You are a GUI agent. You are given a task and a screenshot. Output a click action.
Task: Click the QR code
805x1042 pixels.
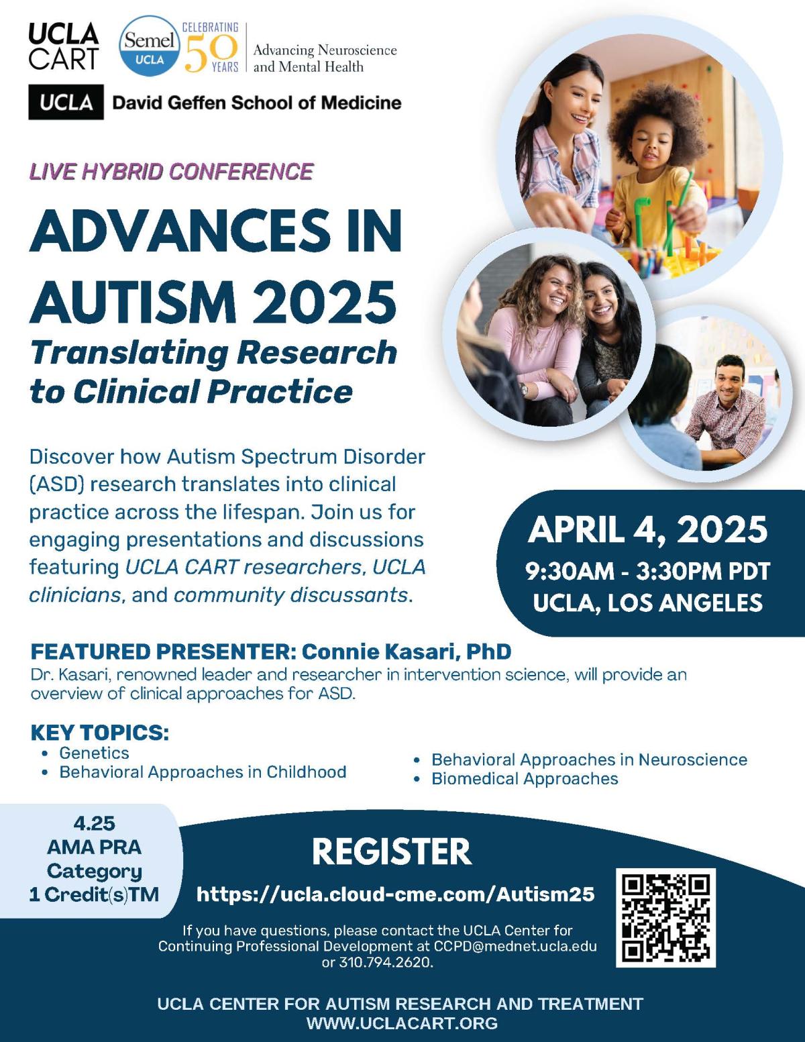[665, 917]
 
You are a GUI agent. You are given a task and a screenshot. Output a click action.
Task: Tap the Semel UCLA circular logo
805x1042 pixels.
[150, 46]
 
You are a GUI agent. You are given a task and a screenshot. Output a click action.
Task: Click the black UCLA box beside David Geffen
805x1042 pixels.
[66, 102]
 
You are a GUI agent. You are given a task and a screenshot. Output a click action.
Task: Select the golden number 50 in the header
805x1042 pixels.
[211, 53]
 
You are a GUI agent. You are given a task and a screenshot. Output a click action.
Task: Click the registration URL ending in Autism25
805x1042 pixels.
[396, 894]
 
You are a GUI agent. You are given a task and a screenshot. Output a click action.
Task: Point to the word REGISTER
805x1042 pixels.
[392, 851]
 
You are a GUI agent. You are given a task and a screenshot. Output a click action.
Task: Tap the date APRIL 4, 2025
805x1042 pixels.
[648, 530]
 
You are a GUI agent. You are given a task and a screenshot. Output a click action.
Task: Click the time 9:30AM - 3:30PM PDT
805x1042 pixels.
[648, 571]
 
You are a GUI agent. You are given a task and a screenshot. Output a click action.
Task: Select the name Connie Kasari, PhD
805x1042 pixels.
[407, 652]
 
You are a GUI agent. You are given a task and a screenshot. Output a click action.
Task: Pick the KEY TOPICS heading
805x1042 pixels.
[100, 732]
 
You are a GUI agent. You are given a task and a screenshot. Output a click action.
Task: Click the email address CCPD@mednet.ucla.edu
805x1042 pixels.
[515, 945]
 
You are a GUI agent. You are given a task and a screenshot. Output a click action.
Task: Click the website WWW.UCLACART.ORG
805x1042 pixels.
[402, 1023]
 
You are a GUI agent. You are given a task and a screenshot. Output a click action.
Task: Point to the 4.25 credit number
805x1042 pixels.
[94, 823]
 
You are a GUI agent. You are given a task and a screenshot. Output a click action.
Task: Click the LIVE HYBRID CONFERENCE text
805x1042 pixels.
[172, 172]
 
